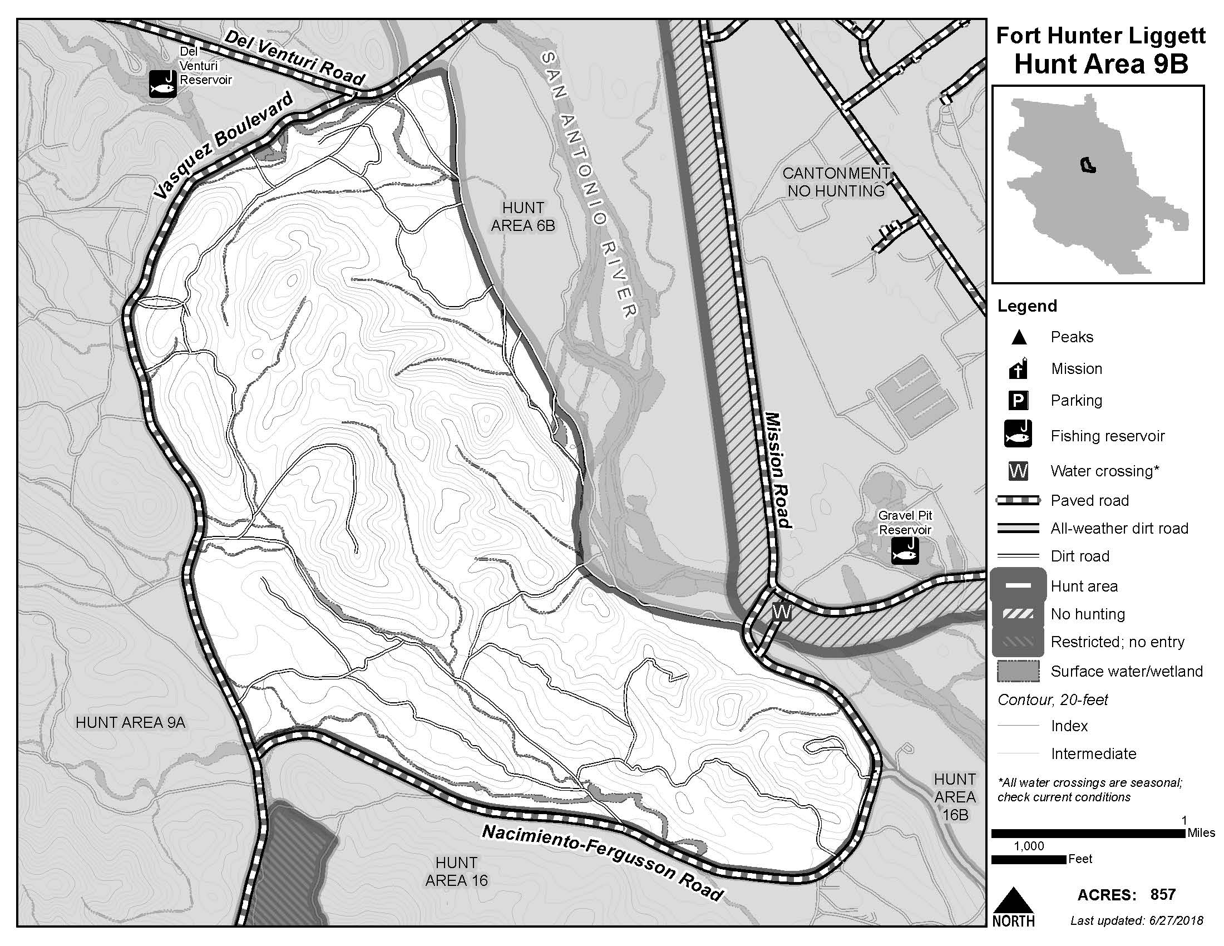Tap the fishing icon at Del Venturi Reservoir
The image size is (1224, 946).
(163, 83)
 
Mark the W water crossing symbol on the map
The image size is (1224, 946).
(781, 612)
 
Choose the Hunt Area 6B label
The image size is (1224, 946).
(522, 216)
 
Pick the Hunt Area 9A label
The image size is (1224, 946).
(130, 722)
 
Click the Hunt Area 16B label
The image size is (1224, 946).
(954, 796)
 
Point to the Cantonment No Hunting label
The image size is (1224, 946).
(836, 182)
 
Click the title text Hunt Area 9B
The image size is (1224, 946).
(1100, 64)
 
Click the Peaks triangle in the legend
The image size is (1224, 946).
(1019, 337)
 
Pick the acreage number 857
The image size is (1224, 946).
(1163, 894)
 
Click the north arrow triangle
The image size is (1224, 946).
(1013, 899)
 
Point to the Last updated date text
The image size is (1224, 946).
(1137, 920)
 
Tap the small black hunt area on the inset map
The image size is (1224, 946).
(1087, 165)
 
